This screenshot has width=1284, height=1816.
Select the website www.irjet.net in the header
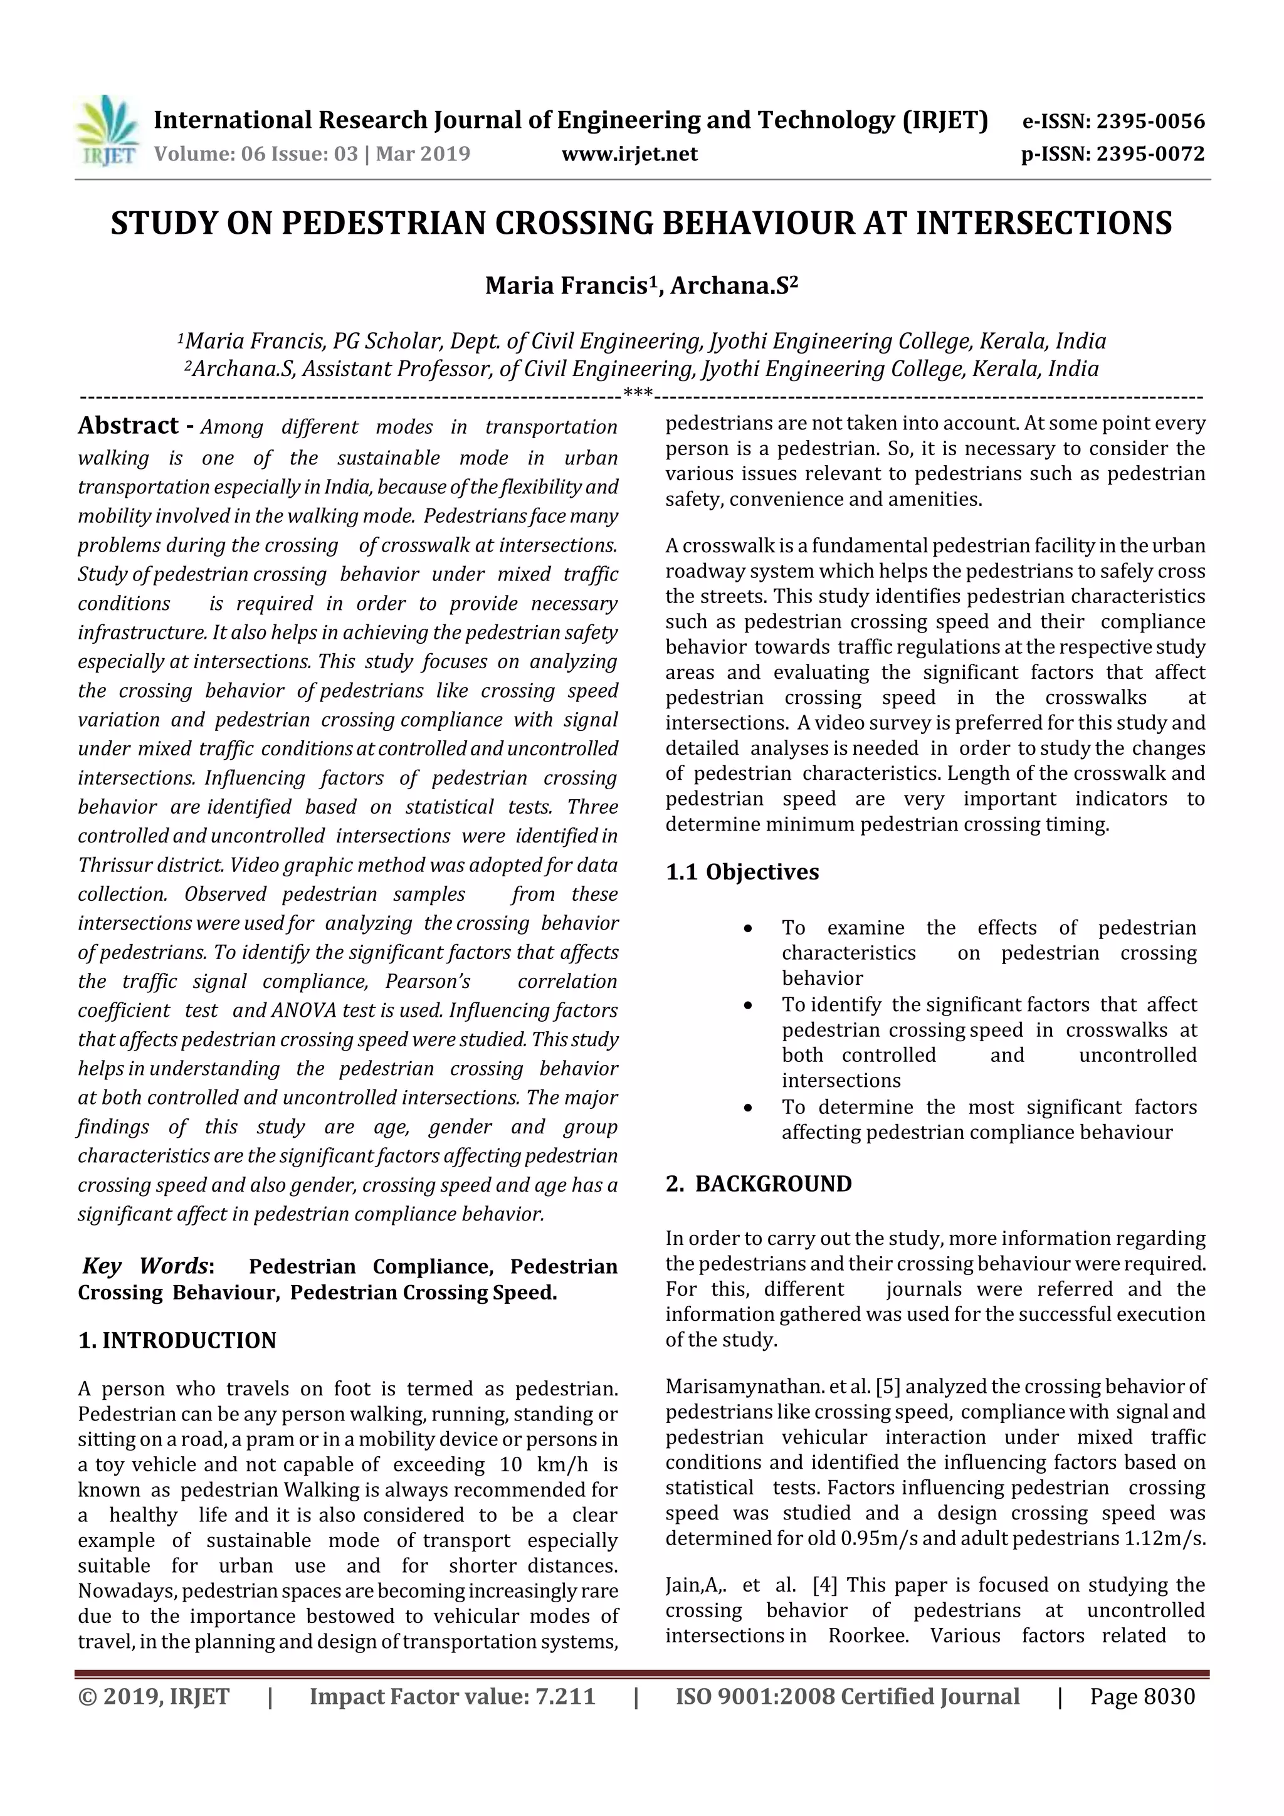point(629,154)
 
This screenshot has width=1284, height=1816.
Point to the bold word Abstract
point(128,426)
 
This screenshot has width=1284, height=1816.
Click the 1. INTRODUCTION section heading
point(177,1340)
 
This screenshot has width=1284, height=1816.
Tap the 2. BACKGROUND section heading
point(759,1184)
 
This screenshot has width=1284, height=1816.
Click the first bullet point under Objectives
point(747,928)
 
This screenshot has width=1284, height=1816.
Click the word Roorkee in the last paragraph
point(867,1635)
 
